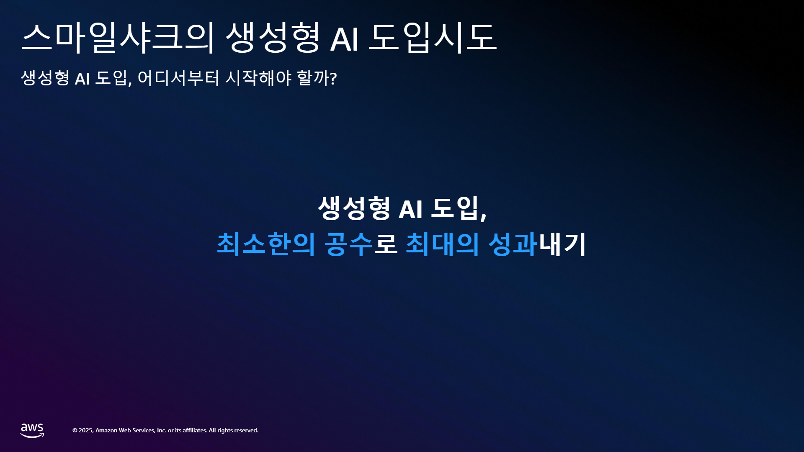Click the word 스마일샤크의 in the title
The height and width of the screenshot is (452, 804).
(118, 38)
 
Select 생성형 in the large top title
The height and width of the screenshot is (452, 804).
(273, 38)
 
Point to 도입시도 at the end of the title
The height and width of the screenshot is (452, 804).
(433, 38)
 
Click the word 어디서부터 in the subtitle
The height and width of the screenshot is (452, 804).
(178, 78)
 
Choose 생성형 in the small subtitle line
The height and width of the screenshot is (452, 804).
(45, 78)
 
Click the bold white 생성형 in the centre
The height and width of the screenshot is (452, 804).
(354, 208)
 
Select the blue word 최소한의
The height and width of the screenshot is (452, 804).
(266, 244)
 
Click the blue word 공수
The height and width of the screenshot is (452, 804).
(348, 244)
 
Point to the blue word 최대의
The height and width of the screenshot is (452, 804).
(443, 244)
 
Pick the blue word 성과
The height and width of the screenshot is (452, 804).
(513, 244)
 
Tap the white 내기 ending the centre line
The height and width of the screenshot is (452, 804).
(562, 244)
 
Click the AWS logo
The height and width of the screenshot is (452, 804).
(32, 431)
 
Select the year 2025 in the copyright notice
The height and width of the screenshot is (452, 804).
(86, 431)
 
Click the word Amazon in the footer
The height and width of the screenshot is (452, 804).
(106, 431)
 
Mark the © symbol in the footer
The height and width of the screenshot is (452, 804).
(75, 431)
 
